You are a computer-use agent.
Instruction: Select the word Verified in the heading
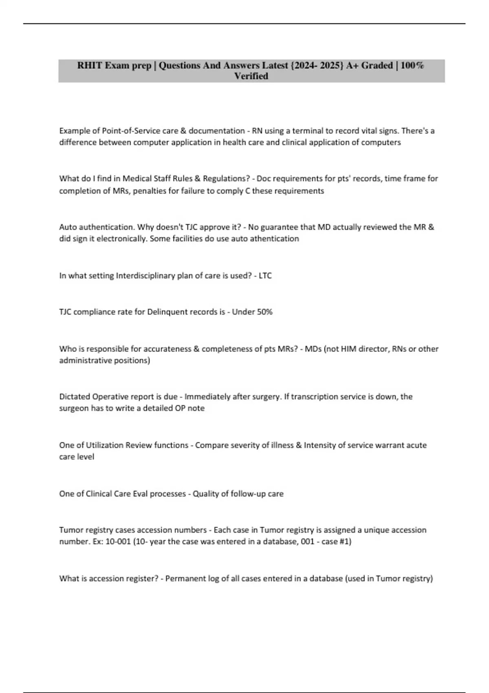(251, 76)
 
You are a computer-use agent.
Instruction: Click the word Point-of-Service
(131, 131)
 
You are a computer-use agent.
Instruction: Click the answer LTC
(265, 276)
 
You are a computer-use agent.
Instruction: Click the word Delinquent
(169, 312)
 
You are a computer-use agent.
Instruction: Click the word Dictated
(75, 397)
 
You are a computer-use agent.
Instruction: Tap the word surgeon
(74, 408)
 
